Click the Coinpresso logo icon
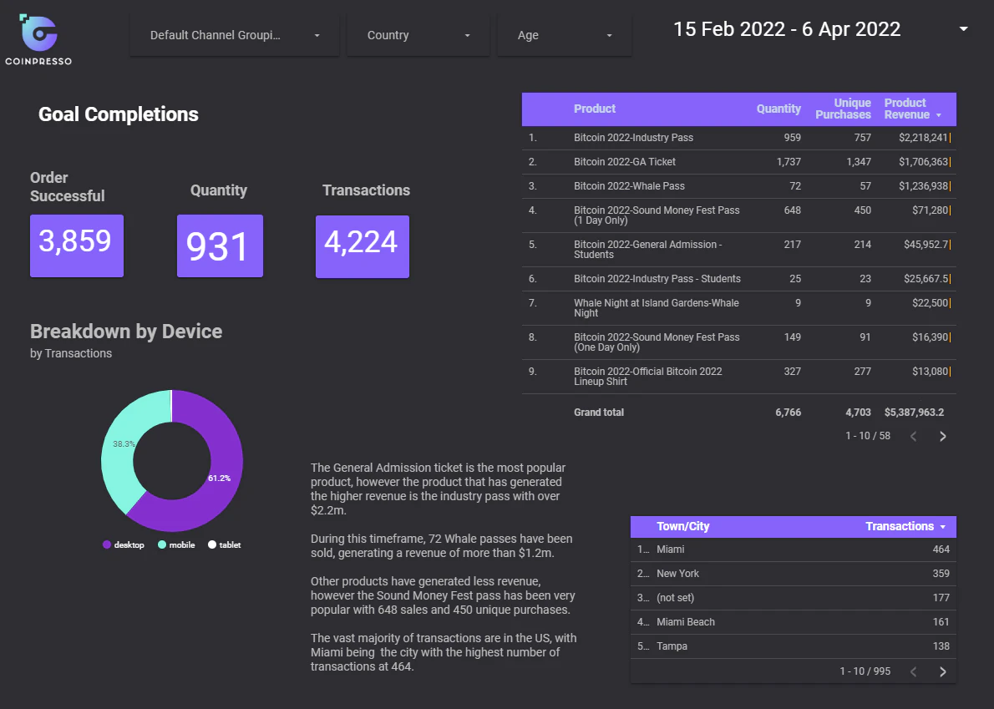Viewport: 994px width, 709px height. (38, 33)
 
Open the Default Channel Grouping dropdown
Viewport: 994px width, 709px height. (235, 35)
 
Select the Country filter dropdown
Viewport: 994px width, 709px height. (418, 35)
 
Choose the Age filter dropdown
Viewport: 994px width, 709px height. (565, 35)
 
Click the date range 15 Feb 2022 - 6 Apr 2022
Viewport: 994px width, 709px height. (787, 29)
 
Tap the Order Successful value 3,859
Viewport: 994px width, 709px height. (75, 241)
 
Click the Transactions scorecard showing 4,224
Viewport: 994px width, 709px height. (363, 246)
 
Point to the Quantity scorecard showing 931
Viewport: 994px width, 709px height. (220, 246)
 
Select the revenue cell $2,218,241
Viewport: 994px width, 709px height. (923, 138)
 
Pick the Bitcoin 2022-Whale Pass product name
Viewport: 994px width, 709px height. (629, 186)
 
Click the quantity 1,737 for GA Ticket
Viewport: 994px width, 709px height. (789, 161)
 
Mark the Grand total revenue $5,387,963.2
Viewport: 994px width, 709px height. (914, 413)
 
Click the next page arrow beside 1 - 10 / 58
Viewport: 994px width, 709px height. (943, 436)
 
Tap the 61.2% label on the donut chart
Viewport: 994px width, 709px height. (220, 479)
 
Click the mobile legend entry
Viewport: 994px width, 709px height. (176, 544)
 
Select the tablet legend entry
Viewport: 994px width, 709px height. (225, 544)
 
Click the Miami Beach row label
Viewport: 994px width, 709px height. (685, 622)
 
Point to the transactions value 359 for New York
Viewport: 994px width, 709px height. (941, 574)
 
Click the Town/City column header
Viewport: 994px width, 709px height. (682, 526)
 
